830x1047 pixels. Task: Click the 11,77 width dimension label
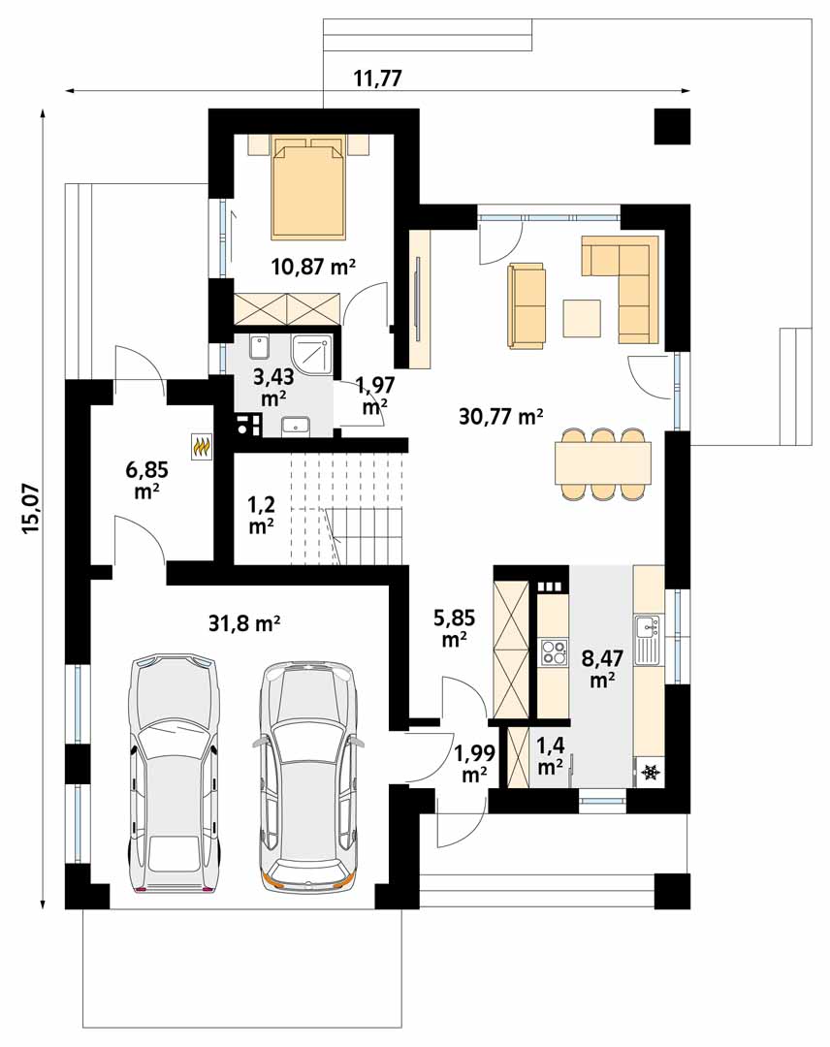tap(377, 79)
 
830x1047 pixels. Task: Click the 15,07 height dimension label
tap(32, 508)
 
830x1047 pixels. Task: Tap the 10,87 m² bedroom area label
tap(313, 268)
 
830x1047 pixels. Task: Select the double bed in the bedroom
tap(308, 187)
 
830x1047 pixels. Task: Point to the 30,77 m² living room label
tap(500, 416)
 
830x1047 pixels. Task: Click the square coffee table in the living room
tap(582, 319)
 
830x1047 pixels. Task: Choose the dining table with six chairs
tap(602, 463)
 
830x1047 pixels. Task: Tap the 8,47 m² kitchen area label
tap(602, 668)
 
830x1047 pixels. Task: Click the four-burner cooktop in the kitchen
tap(553, 652)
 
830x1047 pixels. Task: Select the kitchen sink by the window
tap(648, 641)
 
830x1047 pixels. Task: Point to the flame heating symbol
tap(202, 447)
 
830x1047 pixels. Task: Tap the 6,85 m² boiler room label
tap(147, 480)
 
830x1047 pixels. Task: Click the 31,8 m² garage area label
tap(243, 623)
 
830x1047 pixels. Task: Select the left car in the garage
tap(174, 774)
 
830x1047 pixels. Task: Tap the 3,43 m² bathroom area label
tap(273, 387)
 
